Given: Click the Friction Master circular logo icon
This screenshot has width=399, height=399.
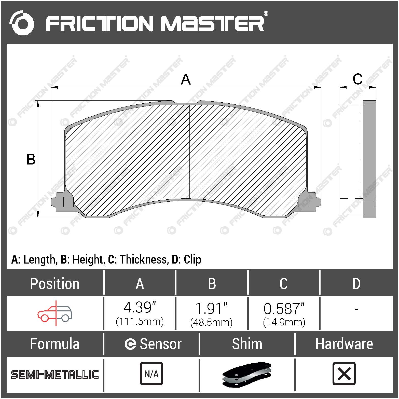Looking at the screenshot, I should click(22, 23).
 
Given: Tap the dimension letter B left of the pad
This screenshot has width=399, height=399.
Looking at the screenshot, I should click(31, 159).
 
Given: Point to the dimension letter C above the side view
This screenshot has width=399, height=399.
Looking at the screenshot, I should click(357, 79).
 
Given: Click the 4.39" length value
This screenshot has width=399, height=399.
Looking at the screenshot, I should click(140, 308).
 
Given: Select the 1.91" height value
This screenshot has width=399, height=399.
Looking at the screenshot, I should click(211, 308).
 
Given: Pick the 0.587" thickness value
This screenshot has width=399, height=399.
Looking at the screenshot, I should click(284, 309).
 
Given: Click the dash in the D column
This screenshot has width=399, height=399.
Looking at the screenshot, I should click(356, 309).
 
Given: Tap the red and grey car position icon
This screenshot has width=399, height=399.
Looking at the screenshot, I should click(55, 313).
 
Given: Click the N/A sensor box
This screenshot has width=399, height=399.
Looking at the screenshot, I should click(151, 374).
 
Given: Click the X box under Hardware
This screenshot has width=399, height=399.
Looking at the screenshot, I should click(344, 374).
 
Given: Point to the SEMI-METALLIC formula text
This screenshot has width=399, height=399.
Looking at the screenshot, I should click(55, 374).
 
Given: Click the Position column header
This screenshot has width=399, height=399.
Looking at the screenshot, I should click(55, 284).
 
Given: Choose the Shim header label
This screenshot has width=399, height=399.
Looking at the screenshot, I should click(247, 344).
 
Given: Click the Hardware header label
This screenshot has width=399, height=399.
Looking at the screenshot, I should click(344, 344).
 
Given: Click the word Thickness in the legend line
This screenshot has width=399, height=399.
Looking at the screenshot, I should click(143, 259).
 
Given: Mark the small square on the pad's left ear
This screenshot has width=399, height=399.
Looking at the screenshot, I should click(68, 202).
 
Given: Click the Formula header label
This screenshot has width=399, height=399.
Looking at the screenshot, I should click(55, 344).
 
